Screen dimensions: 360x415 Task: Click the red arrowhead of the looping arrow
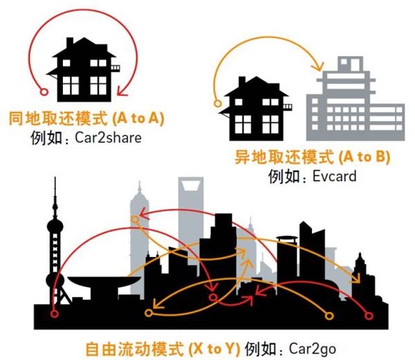(x=123, y=90)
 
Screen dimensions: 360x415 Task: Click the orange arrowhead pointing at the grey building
(x=320, y=67)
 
